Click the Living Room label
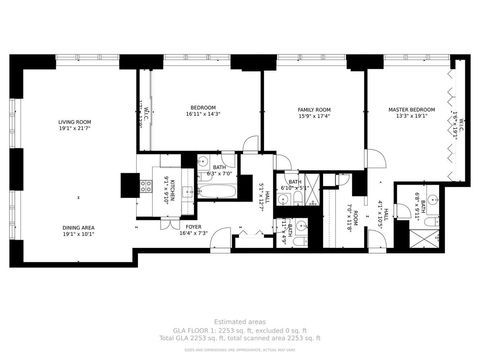(74, 121)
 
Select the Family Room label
(315, 109)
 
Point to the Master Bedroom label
(412, 109)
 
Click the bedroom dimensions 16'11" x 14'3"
(202, 115)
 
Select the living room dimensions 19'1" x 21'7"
(74, 128)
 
